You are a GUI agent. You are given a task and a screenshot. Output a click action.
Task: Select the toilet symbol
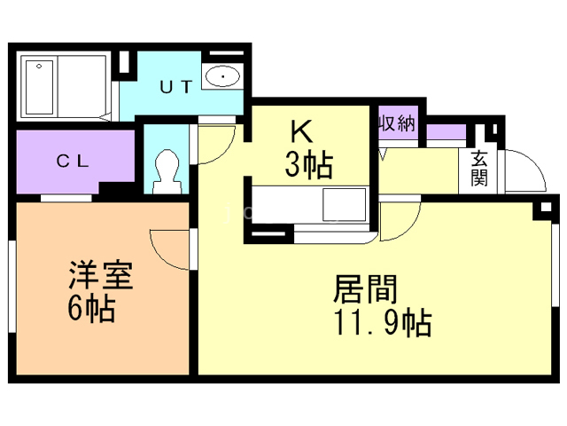point(167,170)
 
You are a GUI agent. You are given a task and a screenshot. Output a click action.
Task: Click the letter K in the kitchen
point(303,132)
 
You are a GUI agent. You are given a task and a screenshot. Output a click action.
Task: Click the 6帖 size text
point(91,310)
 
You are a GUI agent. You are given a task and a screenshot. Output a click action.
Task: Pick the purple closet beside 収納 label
point(446,133)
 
